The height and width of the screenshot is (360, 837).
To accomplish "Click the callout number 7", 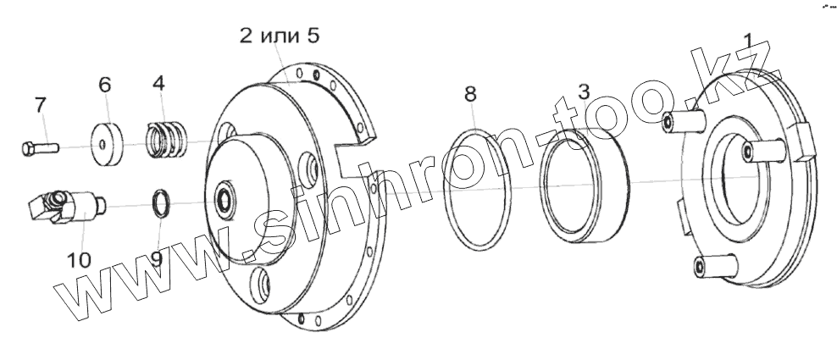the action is click(x=41, y=105).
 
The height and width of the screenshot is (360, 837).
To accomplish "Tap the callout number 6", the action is click(x=105, y=85).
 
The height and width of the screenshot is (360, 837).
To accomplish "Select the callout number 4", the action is click(x=158, y=83).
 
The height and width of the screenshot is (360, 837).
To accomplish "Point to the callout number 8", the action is click(x=469, y=95).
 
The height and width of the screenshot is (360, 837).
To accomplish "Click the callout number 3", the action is click(x=584, y=91).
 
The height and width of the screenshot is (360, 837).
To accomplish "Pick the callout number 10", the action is click(x=79, y=261).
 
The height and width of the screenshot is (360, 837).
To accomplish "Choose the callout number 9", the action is click(x=156, y=259).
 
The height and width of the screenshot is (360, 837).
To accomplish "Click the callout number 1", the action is click(x=748, y=42).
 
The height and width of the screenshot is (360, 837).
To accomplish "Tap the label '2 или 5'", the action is click(x=280, y=36).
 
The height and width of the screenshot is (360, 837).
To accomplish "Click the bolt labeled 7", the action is click(x=40, y=147).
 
